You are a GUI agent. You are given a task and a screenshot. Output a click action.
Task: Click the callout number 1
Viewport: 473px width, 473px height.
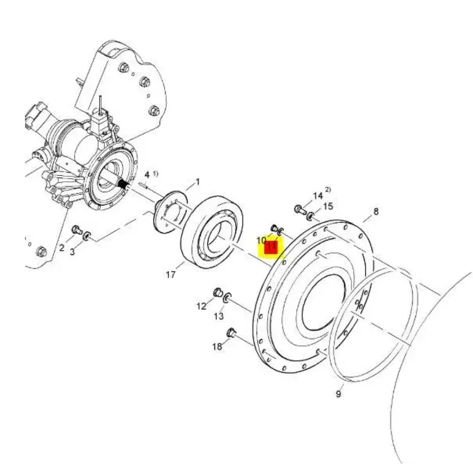pos(198,182)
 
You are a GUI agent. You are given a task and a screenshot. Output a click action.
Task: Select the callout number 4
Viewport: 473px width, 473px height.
pos(147,175)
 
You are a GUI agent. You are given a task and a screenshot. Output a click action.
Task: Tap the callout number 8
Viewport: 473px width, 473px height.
pos(376,211)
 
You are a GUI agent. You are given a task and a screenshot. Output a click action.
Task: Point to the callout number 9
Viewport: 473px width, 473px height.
pos(338,394)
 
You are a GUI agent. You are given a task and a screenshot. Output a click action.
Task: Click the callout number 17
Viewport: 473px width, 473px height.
pos(170,274)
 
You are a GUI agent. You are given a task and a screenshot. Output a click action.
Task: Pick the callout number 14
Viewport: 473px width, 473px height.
pos(318,196)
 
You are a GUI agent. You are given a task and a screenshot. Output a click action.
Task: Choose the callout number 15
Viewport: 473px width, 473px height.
pos(328,206)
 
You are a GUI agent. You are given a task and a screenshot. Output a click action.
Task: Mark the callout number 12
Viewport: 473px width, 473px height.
pos(201,306)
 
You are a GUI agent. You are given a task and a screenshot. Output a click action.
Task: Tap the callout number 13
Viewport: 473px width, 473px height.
pos(219,316)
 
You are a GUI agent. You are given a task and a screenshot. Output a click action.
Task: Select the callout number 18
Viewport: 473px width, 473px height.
pos(217,347)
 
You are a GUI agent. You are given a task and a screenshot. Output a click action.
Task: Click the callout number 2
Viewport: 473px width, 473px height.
pos(61,248)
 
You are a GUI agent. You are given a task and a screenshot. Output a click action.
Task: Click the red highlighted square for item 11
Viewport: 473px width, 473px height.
pos(271,247)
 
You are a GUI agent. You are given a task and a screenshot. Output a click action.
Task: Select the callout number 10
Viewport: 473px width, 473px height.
pos(261,240)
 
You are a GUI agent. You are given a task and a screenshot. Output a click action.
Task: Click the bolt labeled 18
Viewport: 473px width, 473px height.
pos(232,333)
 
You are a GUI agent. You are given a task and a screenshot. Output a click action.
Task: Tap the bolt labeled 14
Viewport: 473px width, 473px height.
pos(300,209)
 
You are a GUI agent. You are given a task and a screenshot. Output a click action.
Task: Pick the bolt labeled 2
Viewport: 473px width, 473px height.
pos(77,230)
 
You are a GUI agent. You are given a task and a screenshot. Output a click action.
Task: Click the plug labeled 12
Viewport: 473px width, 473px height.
pos(218,292)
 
